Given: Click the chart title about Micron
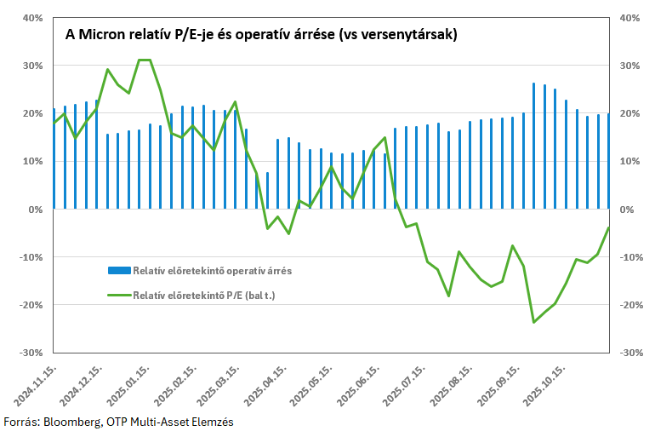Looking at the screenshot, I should click(x=262, y=36).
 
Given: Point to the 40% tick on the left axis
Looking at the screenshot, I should click(x=32, y=18).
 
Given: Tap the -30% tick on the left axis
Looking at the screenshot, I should click(x=31, y=353).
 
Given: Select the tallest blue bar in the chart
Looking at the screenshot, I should click(x=533, y=146).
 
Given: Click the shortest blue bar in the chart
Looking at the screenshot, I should click(x=267, y=190).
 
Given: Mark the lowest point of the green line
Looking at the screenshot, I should click(x=533, y=322).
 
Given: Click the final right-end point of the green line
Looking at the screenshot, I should click(x=608, y=227).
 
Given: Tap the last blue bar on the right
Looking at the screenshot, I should click(x=608, y=161).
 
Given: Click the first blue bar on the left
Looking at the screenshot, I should click(x=54, y=158).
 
